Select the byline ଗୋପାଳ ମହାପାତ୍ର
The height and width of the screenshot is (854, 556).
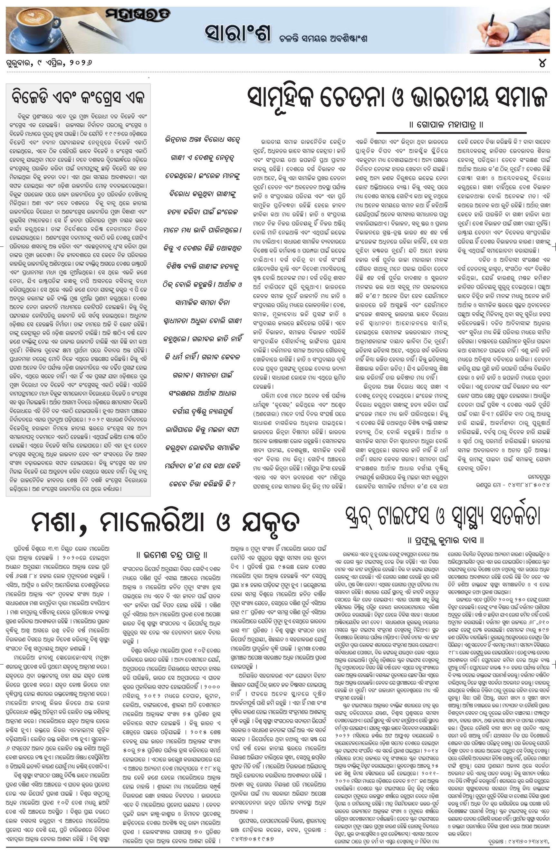coord(446,125)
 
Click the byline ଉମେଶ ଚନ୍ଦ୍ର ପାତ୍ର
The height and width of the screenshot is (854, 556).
coord(172,555)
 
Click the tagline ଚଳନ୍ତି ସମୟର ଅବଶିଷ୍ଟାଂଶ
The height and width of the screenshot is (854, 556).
coord(323,38)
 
